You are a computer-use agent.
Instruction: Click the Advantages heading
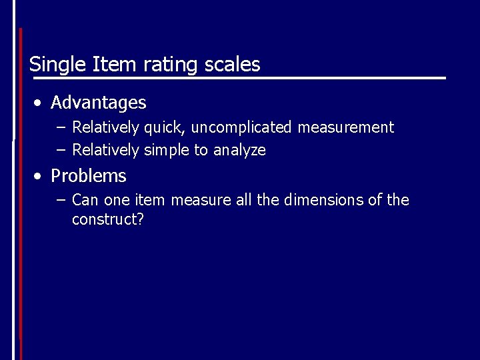(x=98, y=103)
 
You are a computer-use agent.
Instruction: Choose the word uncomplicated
(x=241, y=127)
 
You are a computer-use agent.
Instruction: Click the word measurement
(x=346, y=127)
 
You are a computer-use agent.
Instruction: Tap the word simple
(x=167, y=151)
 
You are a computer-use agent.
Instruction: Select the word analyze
(x=239, y=151)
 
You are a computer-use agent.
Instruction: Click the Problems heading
(x=89, y=176)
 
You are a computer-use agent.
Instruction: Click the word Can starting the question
(x=85, y=200)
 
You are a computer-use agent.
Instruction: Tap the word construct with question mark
(x=108, y=219)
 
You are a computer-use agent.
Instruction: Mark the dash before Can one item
(x=61, y=200)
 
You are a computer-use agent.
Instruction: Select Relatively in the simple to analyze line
(x=106, y=151)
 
